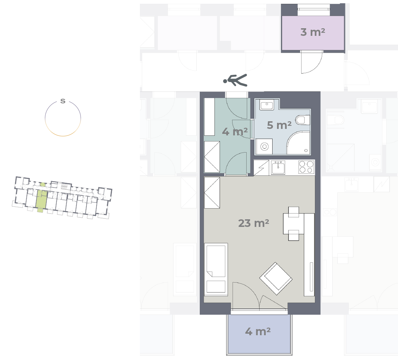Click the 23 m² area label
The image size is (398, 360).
pos(254,223)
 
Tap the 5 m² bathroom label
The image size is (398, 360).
pos(279,125)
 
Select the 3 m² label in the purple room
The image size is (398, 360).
pos(313,32)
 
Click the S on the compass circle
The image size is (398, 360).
pos(63,101)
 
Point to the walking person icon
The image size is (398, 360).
pos(235,80)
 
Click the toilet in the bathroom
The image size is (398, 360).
pos(303,120)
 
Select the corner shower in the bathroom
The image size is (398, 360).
pos(298,143)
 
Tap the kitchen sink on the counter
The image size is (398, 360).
pos(278,167)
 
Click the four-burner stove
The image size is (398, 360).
pos(306,167)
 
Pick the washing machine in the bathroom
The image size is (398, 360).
pos(264,146)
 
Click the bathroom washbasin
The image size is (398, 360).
pos(266,105)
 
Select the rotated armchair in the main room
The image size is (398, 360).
pos(276,278)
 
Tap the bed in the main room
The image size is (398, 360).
pos(216,269)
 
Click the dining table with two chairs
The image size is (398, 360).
pos(294,224)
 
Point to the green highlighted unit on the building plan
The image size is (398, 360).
pos(41,199)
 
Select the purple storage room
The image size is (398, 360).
pos(313,33)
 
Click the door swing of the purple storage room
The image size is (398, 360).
pos(312,62)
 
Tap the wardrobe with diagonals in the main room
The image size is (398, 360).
pos(212,193)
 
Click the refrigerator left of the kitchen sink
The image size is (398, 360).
pos(261,167)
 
